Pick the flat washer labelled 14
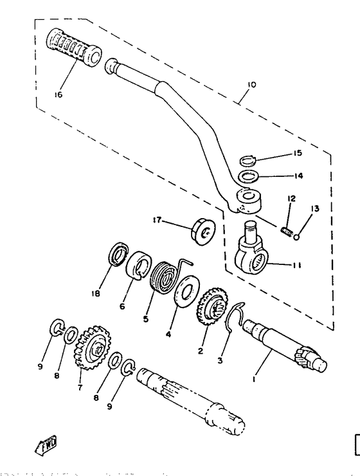pos(249,176)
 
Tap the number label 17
pos(156,220)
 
